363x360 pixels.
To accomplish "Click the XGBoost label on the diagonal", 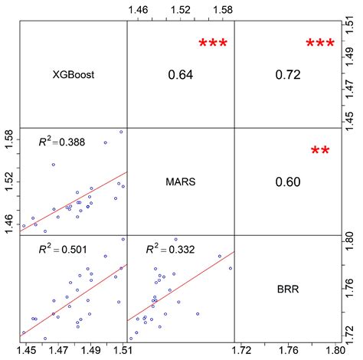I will tap(72, 74).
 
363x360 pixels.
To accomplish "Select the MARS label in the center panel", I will tap(179, 182).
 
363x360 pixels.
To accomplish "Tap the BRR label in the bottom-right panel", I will tap(287, 290).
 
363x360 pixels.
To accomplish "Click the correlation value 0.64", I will tap(179, 75).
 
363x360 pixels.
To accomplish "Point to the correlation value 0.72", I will tap(287, 75).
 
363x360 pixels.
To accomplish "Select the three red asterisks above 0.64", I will tap(213, 45).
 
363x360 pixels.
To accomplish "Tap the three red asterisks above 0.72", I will tap(320, 45).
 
